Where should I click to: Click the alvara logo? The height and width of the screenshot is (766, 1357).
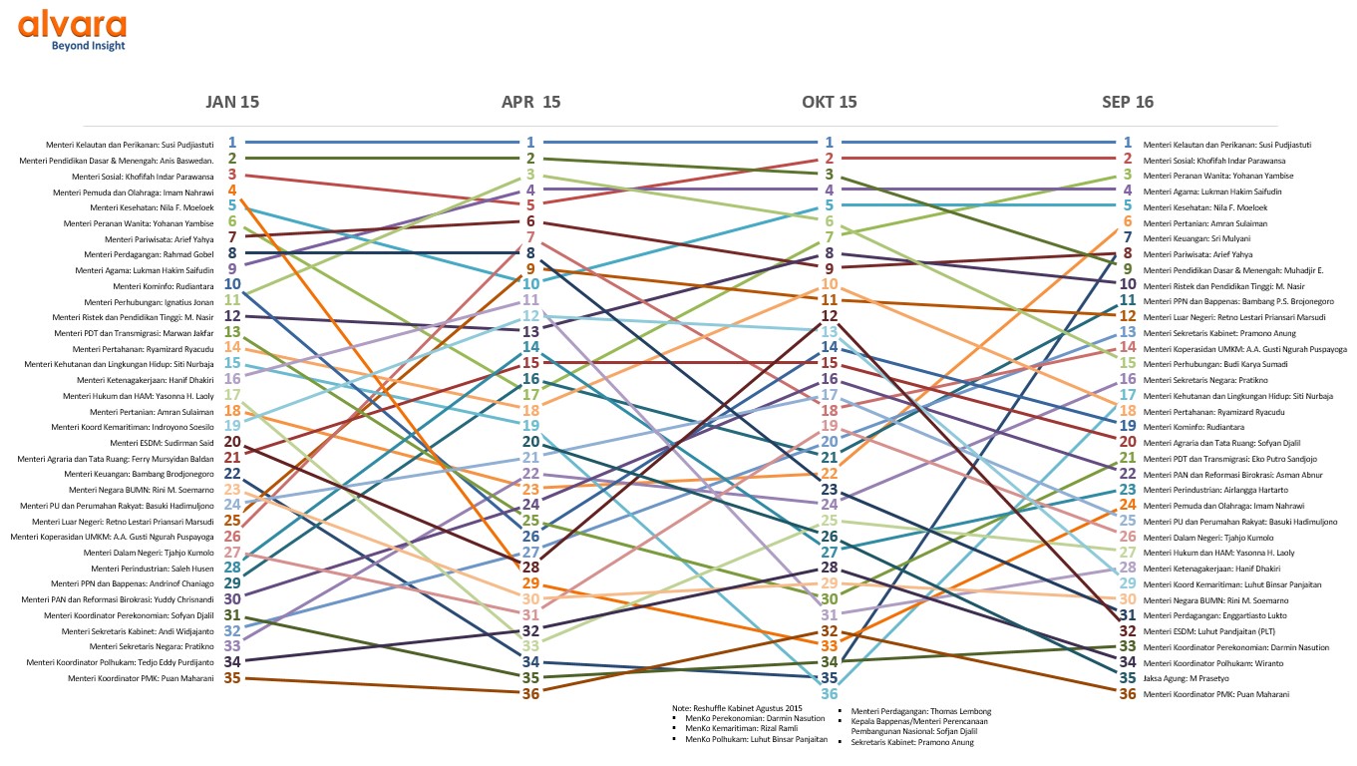[x=72, y=24]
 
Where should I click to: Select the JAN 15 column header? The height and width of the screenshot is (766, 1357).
[x=232, y=102]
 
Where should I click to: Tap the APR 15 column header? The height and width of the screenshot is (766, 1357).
[x=531, y=102]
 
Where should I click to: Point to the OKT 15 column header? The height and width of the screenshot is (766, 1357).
[x=830, y=102]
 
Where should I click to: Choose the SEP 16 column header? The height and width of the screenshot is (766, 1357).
[x=1128, y=102]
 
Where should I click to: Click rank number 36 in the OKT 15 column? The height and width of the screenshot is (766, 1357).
[x=830, y=694]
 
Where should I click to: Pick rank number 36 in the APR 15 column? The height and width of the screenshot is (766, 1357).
[x=531, y=694]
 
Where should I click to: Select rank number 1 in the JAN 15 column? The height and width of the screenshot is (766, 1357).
[x=232, y=143]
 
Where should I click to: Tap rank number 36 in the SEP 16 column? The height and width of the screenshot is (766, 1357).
[x=1128, y=694]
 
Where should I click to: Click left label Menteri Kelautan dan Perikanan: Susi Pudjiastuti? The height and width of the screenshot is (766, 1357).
[x=139, y=144]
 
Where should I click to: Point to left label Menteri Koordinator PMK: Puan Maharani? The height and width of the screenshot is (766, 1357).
[x=141, y=679]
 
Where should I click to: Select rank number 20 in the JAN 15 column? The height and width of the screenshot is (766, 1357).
[x=232, y=442]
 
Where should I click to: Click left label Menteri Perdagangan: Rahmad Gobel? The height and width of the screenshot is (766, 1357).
[x=145, y=254]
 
